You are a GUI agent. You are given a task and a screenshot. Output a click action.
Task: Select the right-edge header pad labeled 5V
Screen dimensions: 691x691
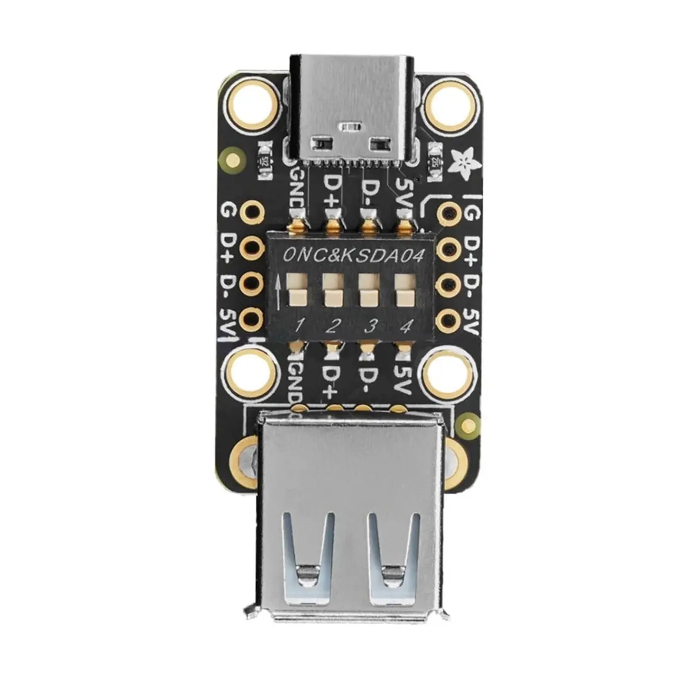(x=447, y=318)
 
